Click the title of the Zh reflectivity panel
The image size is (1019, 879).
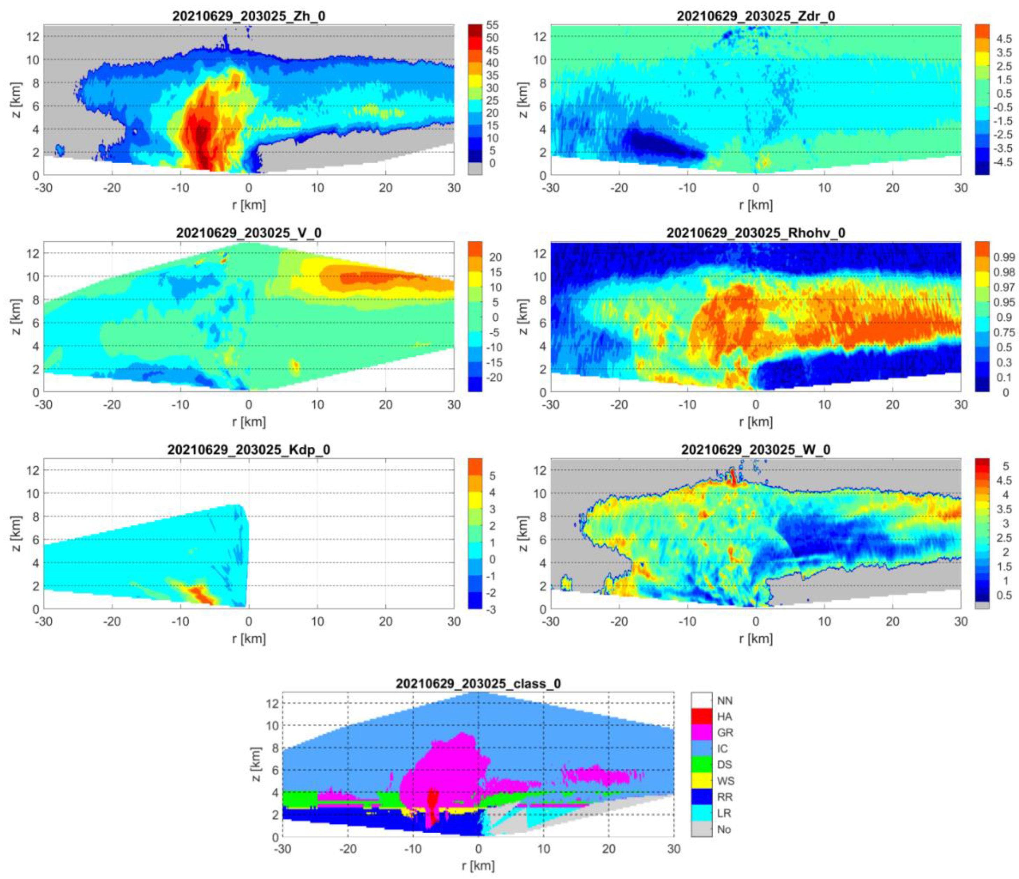pyautogui.click(x=248, y=16)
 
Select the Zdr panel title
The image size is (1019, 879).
pyautogui.click(x=756, y=16)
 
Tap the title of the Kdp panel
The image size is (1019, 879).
pyautogui.click(x=248, y=450)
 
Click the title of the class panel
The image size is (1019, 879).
pyautogui.click(x=478, y=684)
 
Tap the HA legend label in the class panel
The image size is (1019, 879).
pyautogui.click(x=724, y=716)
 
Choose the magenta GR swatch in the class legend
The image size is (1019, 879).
pyautogui.click(x=701, y=732)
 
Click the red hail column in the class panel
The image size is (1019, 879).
pyautogui.click(x=432, y=807)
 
